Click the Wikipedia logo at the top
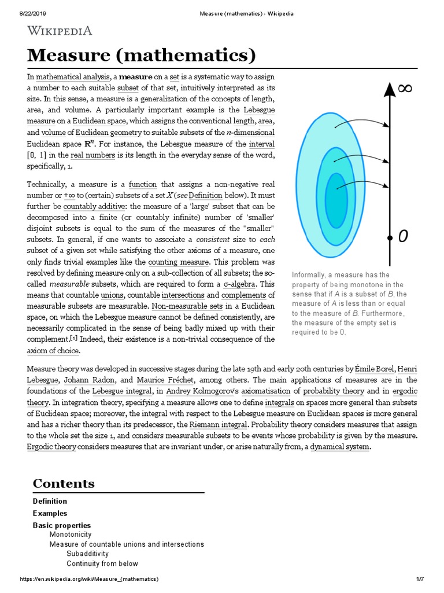[60, 31]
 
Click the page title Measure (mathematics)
[141, 56]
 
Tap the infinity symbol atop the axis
[405, 88]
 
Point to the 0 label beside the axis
[404, 236]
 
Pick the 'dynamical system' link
[339, 447]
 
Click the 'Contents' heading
[64, 484]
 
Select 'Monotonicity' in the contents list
[70, 535]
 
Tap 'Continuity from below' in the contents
[102, 563]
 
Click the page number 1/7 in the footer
[420, 580]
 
